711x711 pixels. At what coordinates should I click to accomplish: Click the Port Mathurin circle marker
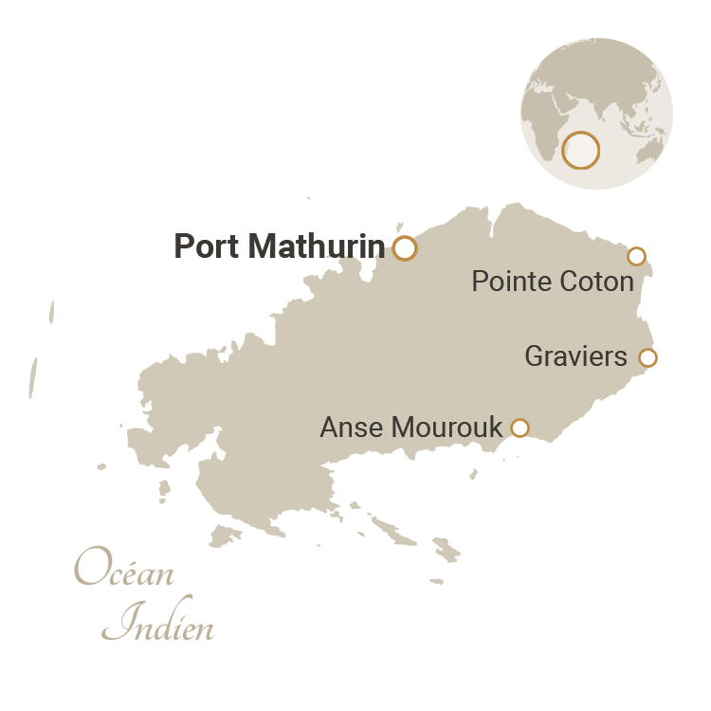[405, 248]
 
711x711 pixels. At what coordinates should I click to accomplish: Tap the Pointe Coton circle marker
[636, 256]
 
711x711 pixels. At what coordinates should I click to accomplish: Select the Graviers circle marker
[647, 357]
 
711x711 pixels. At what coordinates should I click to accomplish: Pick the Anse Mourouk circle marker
[520, 428]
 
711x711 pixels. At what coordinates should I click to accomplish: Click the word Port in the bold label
[207, 247]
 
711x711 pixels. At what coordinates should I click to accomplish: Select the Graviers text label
[576, 357]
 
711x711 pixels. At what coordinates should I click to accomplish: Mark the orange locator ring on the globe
[580, 151]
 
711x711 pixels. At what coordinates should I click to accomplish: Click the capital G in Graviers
[534, 357]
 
